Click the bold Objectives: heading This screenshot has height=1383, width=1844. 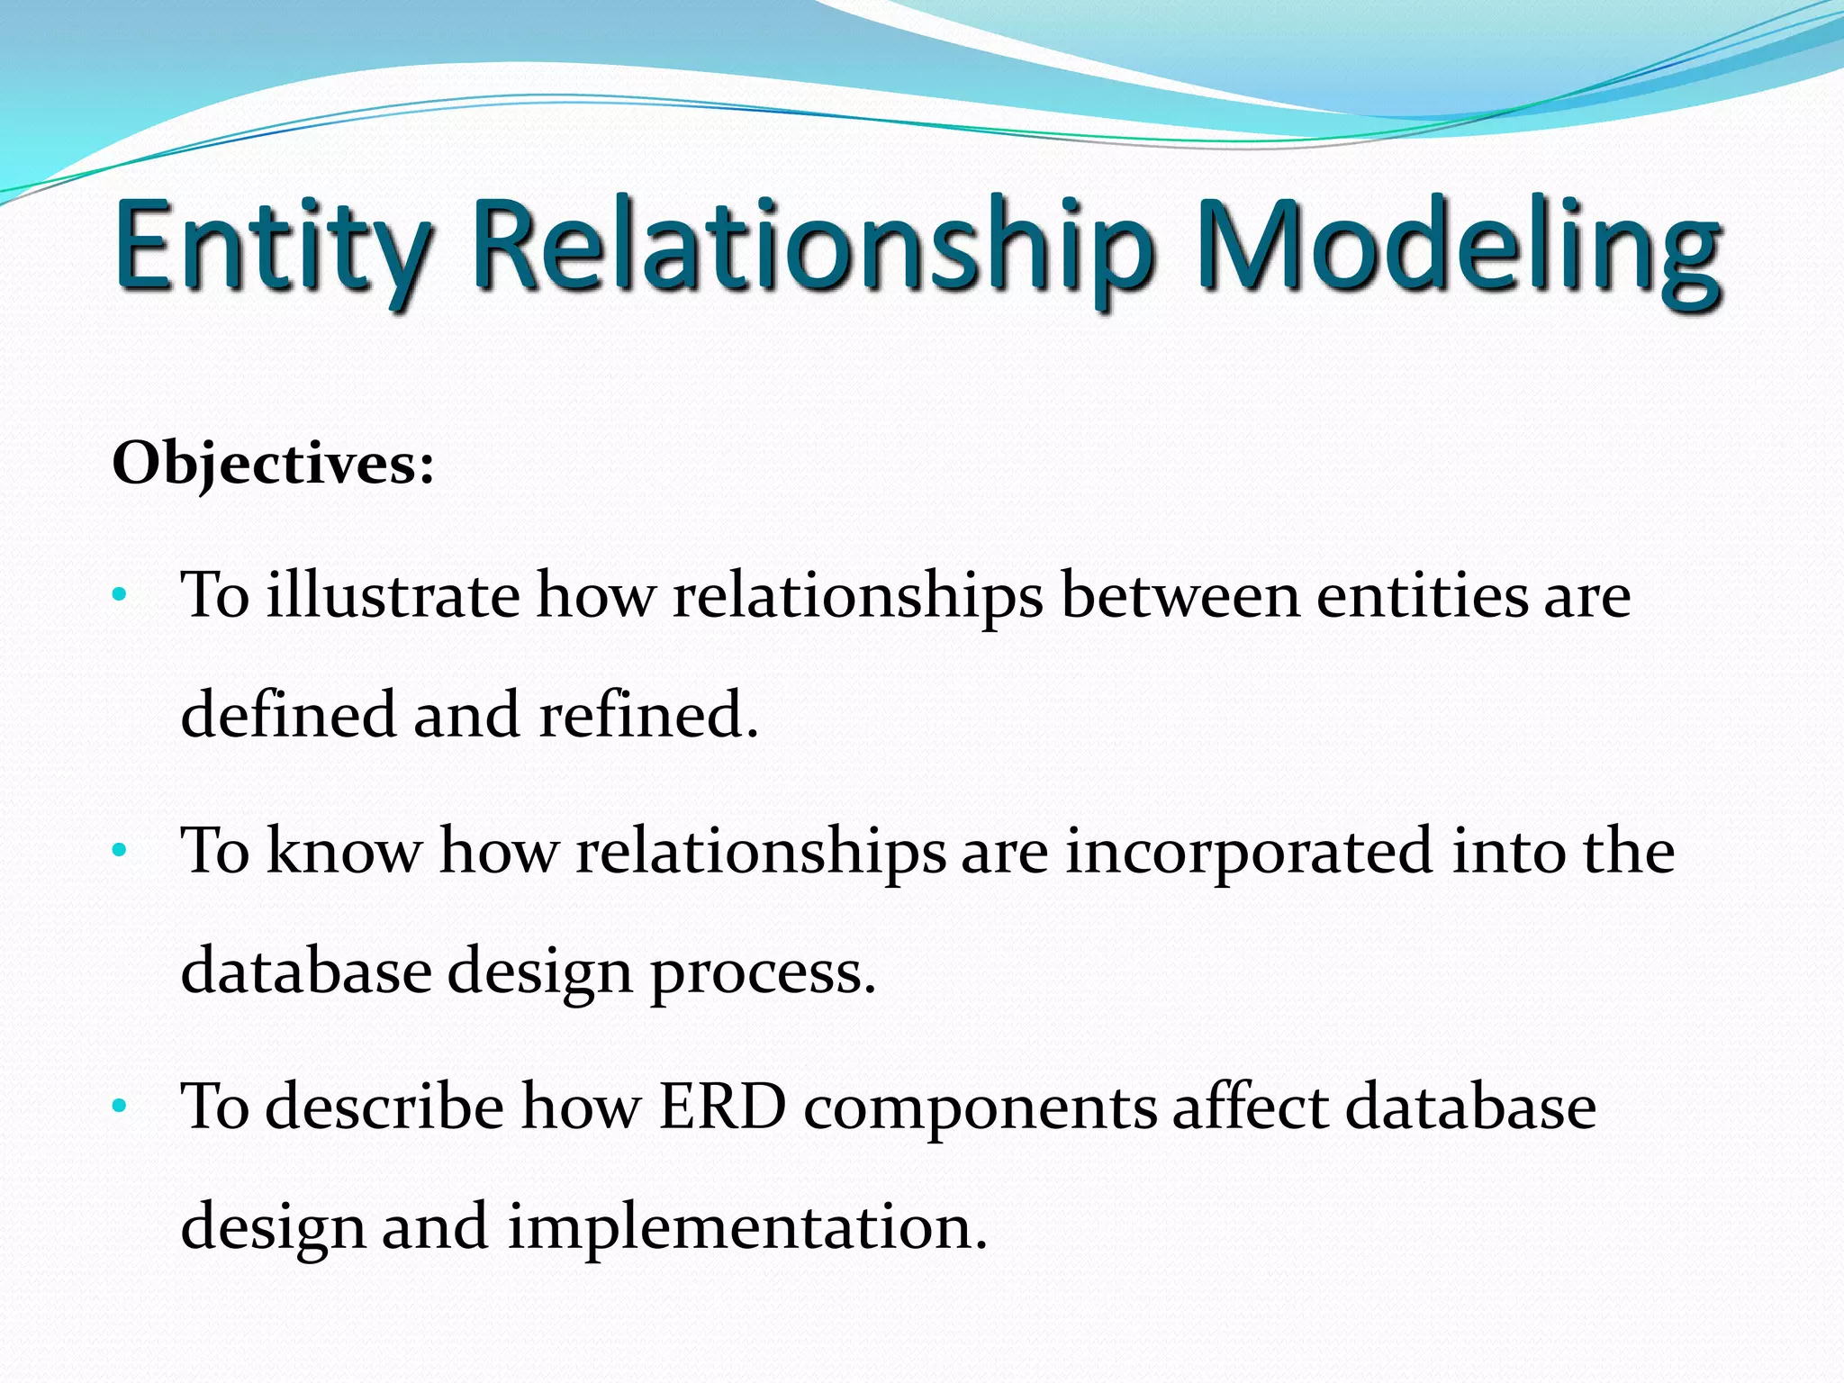273,465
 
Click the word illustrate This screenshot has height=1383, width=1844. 393,595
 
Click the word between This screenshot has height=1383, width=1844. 1180,595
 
